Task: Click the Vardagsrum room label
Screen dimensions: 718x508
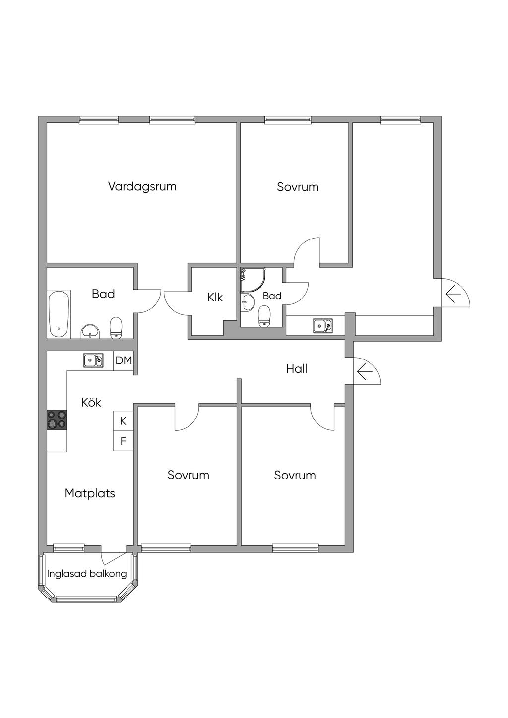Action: click(x=142, y=187)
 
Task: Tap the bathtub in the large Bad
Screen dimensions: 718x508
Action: click(x=59, y=314)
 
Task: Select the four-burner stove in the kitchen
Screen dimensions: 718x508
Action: click(x=57, y=419)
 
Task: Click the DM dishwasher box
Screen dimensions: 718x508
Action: click(x=124, y=360)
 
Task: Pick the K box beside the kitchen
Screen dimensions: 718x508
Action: click(x=123, y=421)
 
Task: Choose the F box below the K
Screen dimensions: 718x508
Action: click(x=123, y=441)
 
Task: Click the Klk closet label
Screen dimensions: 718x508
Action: click(x=215, y=298)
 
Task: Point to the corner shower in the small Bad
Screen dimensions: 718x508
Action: click(x=252, y=280)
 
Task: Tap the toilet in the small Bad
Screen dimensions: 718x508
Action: click(x=264, y=316)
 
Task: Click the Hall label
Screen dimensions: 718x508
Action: click(x=297, y=369)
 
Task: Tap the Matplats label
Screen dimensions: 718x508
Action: click(x=90, y=493)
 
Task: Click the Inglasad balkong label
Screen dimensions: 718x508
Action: click(x=87, y=574)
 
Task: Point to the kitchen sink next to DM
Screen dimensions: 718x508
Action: click(x=93, y=360)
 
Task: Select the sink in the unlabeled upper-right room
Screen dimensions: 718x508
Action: click(x=322, y=326)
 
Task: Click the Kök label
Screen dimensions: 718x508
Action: click(x=91, y=402)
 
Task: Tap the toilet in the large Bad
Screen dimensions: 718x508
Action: click(x=116, y=327)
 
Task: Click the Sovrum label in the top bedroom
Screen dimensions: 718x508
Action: click(x=298, y=187)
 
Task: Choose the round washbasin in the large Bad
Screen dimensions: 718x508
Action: click(x=90, y=331)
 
